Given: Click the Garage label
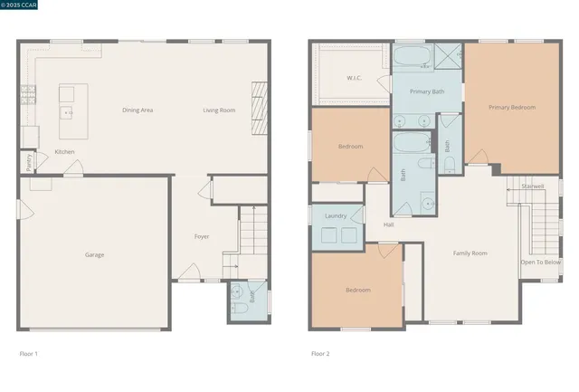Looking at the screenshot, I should click(x=94, y=254).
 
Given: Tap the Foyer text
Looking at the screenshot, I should click(x=202, y=236).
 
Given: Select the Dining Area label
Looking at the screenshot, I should click(x=138, y=110).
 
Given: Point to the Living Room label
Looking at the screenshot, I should click(x=218, y=110).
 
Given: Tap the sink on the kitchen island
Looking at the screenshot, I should click(x=66, y=112).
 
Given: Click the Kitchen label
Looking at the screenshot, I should click(x=64, y=151).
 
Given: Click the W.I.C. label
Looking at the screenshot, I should click(x=355, y=78).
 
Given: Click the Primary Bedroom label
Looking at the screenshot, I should click(x=512, y=107).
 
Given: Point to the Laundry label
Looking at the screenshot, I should click(x=336, y=215).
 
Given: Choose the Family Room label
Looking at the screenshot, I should click(x=470, y=253).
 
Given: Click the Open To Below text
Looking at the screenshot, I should click(x=540, y=262).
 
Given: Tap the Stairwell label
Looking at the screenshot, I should click(x=533, y=186).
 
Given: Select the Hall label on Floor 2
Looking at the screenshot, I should click(x=388, y=225).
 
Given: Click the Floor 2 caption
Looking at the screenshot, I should click(x=320, y=353).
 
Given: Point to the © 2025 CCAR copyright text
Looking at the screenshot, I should click(x=28, y=5).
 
